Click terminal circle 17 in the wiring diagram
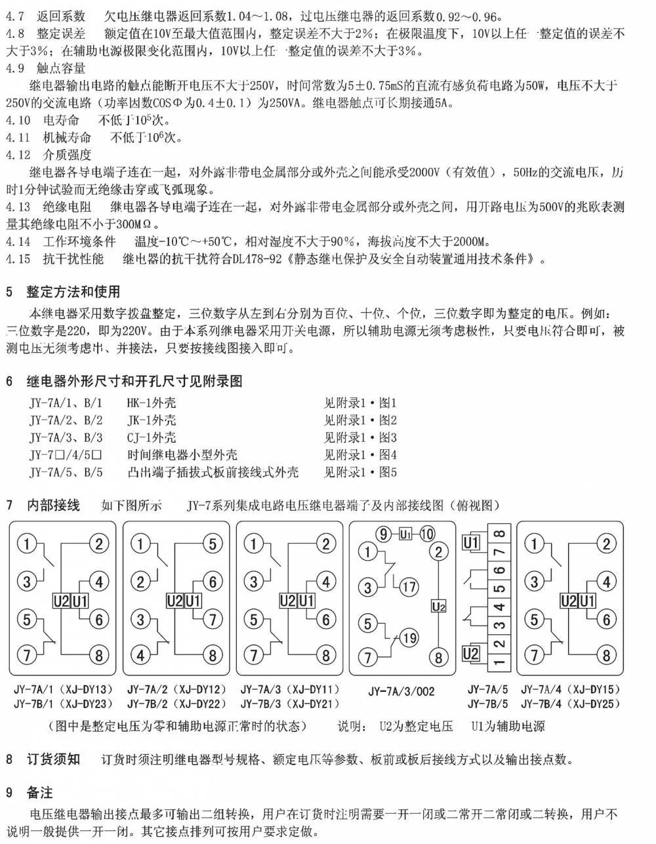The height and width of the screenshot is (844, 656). point(409,587)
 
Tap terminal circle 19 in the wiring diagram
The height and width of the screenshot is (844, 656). point(409,637)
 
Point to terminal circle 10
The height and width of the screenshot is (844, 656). point(426,534)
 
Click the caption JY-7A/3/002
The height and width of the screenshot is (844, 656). point(401,691)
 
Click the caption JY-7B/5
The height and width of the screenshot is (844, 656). point(487,704)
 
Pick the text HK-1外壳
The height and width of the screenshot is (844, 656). point(151,403)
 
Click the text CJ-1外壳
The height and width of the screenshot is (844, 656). point(151,437)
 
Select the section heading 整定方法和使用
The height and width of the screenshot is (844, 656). point(73,292)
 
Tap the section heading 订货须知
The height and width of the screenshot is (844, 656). point(53,759)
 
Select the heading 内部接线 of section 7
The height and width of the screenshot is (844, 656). point(53,505)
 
